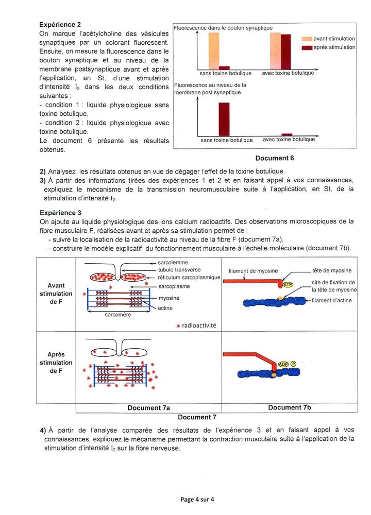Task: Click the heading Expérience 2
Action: click(60, 25)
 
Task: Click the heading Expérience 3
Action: click(60, 212)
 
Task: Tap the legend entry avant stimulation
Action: click(334, 39)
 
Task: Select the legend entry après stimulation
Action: click(334, 47)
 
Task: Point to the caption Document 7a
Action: click(149, 408)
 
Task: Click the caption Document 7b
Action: click(290, 407)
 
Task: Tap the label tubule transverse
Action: click(179, 270)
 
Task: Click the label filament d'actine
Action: click(332, 301)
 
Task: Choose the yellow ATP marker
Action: click(288, 284)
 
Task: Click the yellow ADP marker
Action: click(283, 364)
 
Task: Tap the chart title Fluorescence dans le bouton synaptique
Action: click(223, 28)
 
